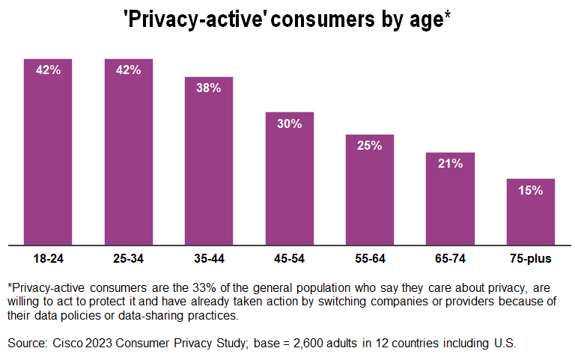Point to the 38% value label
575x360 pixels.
(209, 88)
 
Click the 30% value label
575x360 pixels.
(289, 123)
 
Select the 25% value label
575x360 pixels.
(370, 146)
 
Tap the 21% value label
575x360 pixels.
(450, 164)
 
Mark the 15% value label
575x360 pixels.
(530, 190)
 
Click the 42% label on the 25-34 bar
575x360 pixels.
(129, 70)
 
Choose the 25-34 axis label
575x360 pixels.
(129, 260)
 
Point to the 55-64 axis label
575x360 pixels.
(370, 260)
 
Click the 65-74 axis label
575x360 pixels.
(450, 260)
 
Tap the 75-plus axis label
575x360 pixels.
(530, 260)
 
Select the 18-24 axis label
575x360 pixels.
(48, 260)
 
